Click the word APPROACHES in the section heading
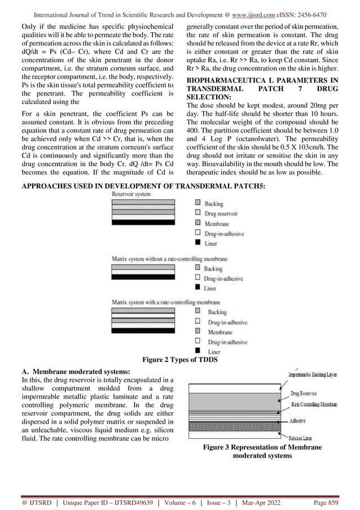(41, 184)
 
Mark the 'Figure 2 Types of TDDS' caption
(179, 360)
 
